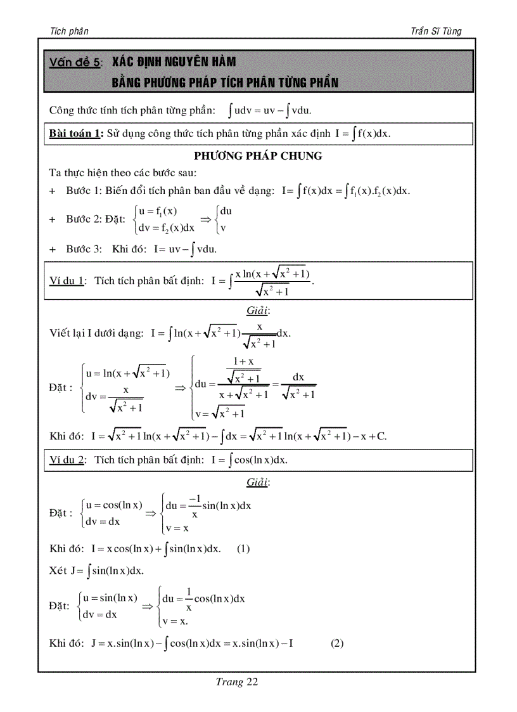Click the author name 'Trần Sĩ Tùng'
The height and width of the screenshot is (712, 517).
(437, 31)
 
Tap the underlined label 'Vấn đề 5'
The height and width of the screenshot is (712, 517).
(74, 63)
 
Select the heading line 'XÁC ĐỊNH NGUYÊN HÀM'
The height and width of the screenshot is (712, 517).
(174, 62)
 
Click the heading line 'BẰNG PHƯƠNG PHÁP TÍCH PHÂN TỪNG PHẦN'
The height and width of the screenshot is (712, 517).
(225, 82)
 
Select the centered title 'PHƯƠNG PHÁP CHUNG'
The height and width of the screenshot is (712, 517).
(258, 156)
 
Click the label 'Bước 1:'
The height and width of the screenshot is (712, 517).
(84, 191)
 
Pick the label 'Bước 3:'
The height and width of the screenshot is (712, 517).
(84, 249)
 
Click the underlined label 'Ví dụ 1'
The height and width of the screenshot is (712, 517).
(67, 281)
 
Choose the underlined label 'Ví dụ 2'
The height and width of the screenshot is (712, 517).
(67, 460)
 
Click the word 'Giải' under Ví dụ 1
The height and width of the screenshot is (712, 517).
(257, 311)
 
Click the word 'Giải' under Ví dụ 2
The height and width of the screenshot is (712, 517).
(257, 482)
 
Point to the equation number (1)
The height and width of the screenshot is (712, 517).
(243, 549)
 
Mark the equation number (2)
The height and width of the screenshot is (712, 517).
(337, 644)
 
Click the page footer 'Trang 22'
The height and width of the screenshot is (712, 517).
(237, 682)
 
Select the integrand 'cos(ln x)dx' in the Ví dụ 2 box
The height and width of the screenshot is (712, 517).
(261, 460)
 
